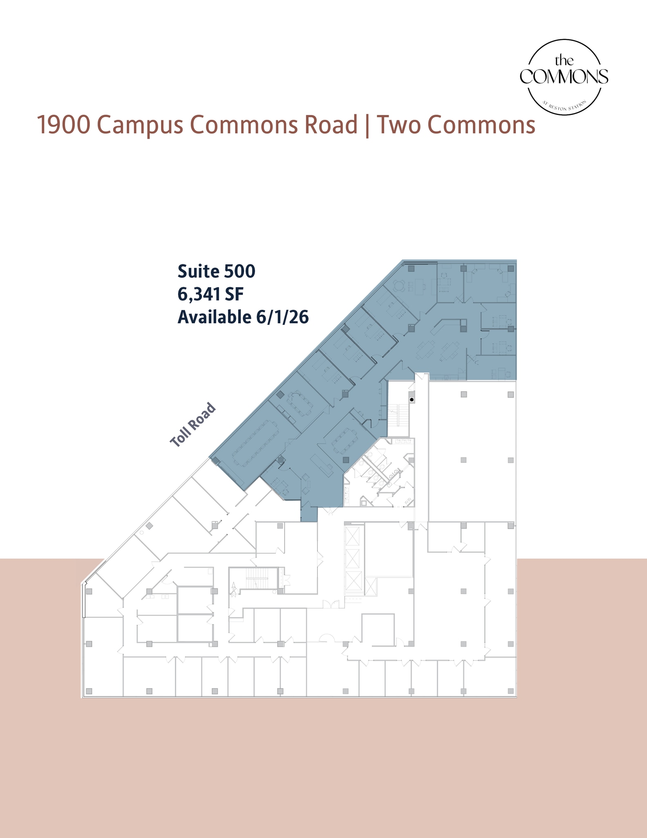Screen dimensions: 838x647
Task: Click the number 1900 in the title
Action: (63, 125)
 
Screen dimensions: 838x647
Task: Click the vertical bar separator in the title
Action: (367, 125)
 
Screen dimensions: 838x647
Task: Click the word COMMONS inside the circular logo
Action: (564, 77)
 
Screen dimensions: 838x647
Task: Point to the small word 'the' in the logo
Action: (564, 61)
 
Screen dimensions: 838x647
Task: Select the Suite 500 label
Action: (216, 271)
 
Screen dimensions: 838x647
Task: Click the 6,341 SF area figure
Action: (210, 294)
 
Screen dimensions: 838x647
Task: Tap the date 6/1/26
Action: (282, 317)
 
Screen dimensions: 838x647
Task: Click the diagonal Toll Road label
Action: (193, 424)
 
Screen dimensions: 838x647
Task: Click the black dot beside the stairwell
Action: (412, 399)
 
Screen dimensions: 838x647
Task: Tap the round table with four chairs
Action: (401, 284)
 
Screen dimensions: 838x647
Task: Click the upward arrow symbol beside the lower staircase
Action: (234, 587)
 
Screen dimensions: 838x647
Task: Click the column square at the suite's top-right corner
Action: (510, 268)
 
